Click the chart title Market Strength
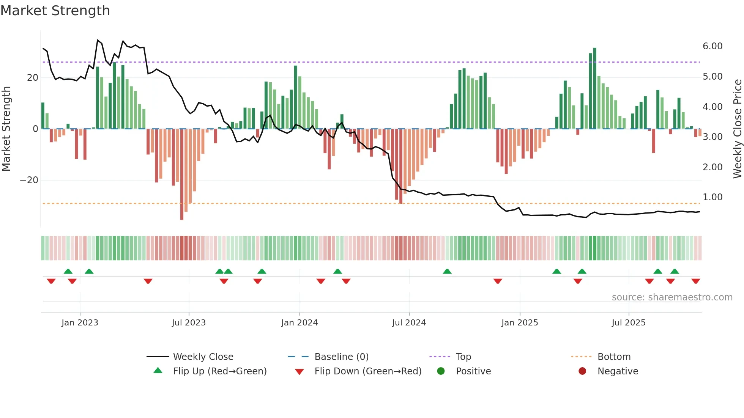pyautogui.click(x=55, y=11)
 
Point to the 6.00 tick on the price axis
pyautogui.click(x=712, y=46)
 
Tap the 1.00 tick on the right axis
pyautogui.click(x=712, y=197)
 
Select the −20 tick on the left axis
pyautogui.click(x=29, y=180)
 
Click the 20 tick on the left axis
pyautogui.click(x=33, y=78)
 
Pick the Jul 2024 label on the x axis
pyautogui.click(x=409, y=323)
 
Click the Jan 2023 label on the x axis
pyautogui.click(x=80, y=323)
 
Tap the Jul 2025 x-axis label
pyautogui.click(x=629, y=323)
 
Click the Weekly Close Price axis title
pyautogui.click(x=737, y=129)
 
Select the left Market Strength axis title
pyautogui.click(x=6, y=129)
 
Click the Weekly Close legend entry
pyautogui.click(x=203, y=357)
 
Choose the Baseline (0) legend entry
pyautogui.click(x=341, y=357)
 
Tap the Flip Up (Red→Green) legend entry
pyautogui.click(x=219, y=371)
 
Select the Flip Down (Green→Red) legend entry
pyautogui.click(x=367, y=371)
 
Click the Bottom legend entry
pyautogui.click(x=614, y=357)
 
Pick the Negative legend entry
pyautogui.click(x=618, y=371)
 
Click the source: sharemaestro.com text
pyautogui.click(x=672, y=297)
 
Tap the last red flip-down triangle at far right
pyautogui.click(x=695, y=281)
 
